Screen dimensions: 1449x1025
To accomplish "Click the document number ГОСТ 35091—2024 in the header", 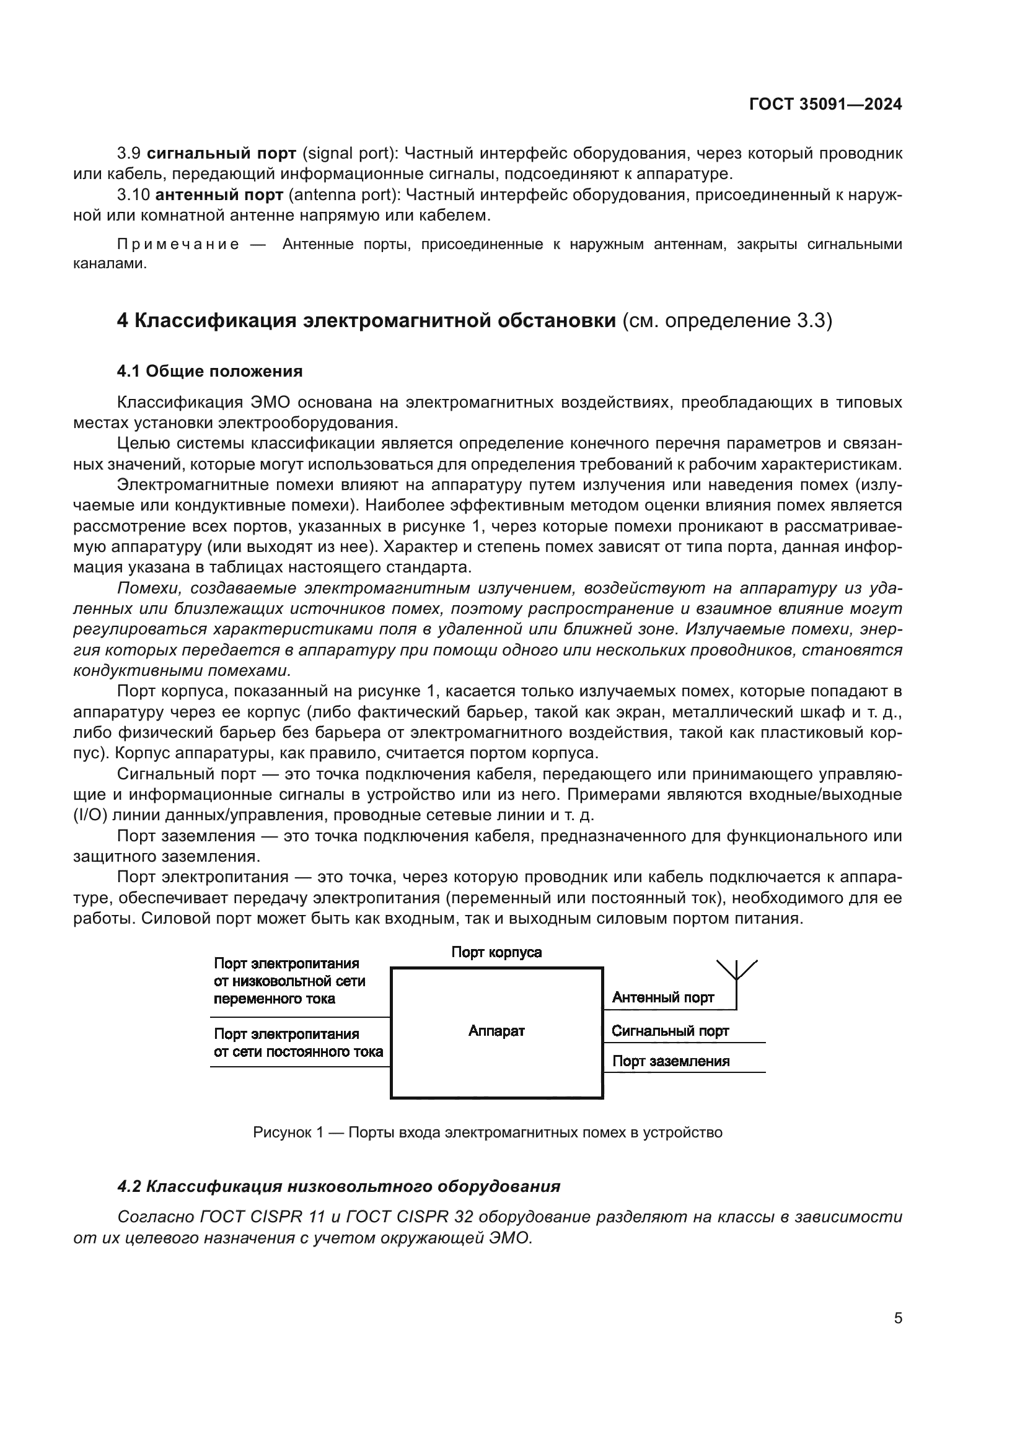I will (825, 105).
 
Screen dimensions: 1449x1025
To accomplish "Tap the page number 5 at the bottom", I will (897, 1318).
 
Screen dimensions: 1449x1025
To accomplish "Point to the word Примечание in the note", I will (178, 245).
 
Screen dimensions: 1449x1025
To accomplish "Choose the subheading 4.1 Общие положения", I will (209, 371).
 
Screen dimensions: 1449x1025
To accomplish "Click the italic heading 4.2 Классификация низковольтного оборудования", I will (339, 1186).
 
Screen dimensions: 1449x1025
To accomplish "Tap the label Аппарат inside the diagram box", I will (496, 1031).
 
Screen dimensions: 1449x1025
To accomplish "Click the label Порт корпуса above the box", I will (496, 952).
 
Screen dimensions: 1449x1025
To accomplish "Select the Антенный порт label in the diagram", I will (662, 998).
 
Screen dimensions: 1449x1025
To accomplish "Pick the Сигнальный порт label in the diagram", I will (670, 1031).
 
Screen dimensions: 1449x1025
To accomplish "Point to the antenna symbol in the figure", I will (737, 972).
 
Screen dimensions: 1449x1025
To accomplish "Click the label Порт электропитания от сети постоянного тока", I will (298, 1043).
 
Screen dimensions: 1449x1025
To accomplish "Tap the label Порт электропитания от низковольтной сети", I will (289, 981).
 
